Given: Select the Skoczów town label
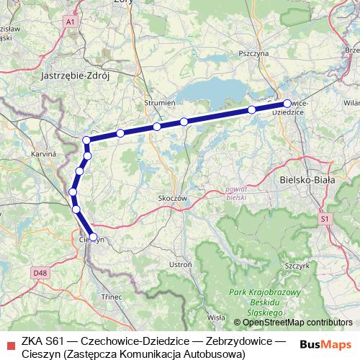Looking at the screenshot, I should [x=172, y=197].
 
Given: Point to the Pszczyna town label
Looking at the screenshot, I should [x=253, y=53].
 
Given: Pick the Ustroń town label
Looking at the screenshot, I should [x=180, y=265].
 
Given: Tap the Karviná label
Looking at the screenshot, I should [x=44, y=154].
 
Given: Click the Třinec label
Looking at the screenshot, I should [x=112, y=297].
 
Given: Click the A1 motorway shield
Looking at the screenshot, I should [x=70, y=23].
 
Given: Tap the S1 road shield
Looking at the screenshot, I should [x=324, y=217].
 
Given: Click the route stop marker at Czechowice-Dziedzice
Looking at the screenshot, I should [x=287, y=103].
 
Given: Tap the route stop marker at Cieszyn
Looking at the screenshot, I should [x=93, y=236].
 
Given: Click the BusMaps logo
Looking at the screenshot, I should [x=327, y=343].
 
